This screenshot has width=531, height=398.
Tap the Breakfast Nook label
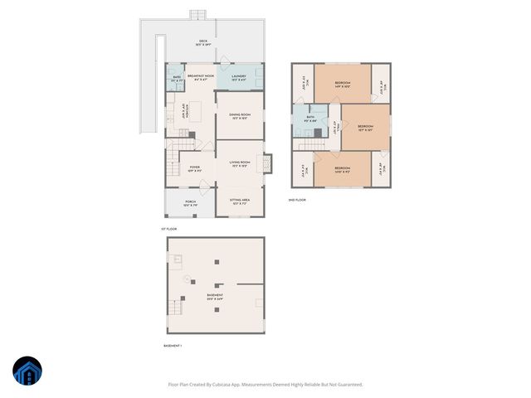[x=197, y=77]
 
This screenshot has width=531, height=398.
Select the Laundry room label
[x=240, y=77]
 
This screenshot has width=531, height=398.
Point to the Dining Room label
[x=240, y=116]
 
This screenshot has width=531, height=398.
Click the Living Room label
[x=240, y=165]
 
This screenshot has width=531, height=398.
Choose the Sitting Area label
[x=240, y=201]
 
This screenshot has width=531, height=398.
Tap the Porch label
[x=190, y=202]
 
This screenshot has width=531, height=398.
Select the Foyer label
[x=194, y=168]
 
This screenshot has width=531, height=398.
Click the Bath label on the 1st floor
[x=177, y=79]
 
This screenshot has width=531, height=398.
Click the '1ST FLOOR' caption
[x=169, y=229]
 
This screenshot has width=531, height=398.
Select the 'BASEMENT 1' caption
[x=173, y=345]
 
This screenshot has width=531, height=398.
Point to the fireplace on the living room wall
[x=267, y=163]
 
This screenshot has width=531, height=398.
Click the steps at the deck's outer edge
[x=197, y=14]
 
